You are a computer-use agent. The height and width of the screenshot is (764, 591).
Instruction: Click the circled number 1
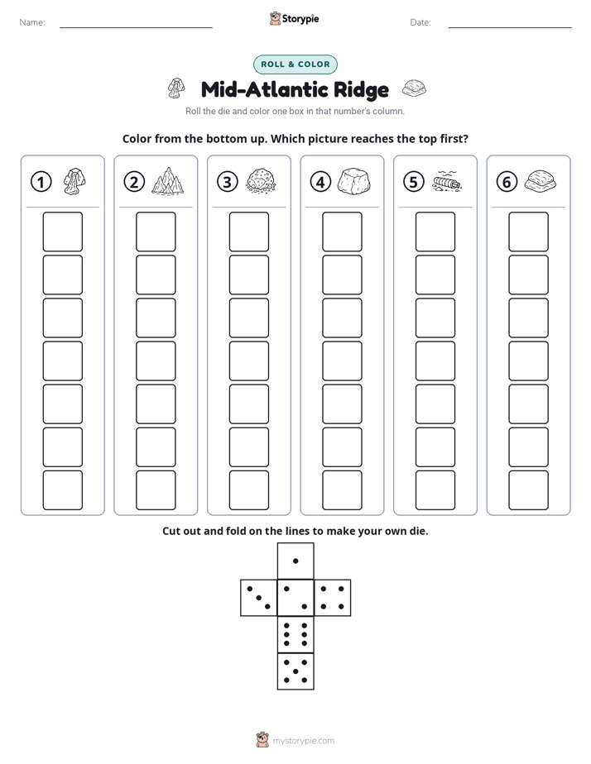[41, 182]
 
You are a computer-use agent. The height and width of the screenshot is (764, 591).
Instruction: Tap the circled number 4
[320, 182]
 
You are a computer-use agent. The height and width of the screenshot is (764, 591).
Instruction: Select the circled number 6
[507, 182]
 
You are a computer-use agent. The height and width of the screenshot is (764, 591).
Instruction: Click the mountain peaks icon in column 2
[168, 182]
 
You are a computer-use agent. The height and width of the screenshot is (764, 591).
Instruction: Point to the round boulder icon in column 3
[261, 182]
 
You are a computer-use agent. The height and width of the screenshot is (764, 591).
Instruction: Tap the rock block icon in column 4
[354, 182]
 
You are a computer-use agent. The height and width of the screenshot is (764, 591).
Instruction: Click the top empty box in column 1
[62, 232]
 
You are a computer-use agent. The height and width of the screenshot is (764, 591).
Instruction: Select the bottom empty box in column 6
[529, 490]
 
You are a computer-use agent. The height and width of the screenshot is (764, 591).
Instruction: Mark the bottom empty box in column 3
[248, 490]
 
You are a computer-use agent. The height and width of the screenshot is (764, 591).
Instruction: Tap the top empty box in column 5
[435, 232]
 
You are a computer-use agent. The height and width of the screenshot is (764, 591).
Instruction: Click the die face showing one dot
[295, 561]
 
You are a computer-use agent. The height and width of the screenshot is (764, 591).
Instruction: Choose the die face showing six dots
[295, 634]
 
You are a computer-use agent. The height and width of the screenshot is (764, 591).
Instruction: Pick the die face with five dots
[295, 671]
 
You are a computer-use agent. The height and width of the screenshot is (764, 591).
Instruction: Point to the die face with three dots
[259, 597]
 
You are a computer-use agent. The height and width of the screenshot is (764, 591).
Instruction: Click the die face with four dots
[333, 597]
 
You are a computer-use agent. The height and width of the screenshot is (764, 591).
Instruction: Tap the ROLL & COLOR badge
[295, 64]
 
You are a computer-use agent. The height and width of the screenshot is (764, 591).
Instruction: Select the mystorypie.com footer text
[303, 741]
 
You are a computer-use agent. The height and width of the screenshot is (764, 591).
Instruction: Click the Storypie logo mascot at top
[275, 18]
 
